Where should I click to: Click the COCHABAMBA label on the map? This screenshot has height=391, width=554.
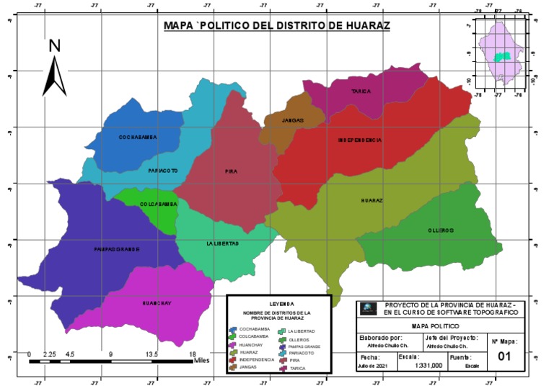[137, 137]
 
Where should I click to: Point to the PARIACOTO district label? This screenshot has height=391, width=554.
[162, 171]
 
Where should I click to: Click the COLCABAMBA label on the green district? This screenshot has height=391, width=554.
[158, 204]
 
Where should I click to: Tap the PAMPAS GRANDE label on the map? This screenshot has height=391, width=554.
[116, 249]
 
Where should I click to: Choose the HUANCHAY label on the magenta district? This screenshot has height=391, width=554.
[157, 303]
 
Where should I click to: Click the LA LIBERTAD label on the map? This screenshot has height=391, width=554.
[222, 243]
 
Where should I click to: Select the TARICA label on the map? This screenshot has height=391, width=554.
[361, 91]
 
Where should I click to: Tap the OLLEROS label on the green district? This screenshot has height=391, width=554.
[441, 230]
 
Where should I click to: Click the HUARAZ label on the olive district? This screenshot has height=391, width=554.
[371, 199]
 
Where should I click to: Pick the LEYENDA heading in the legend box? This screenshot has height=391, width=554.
[277, 304]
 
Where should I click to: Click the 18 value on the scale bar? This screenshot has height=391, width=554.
[193, 354]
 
